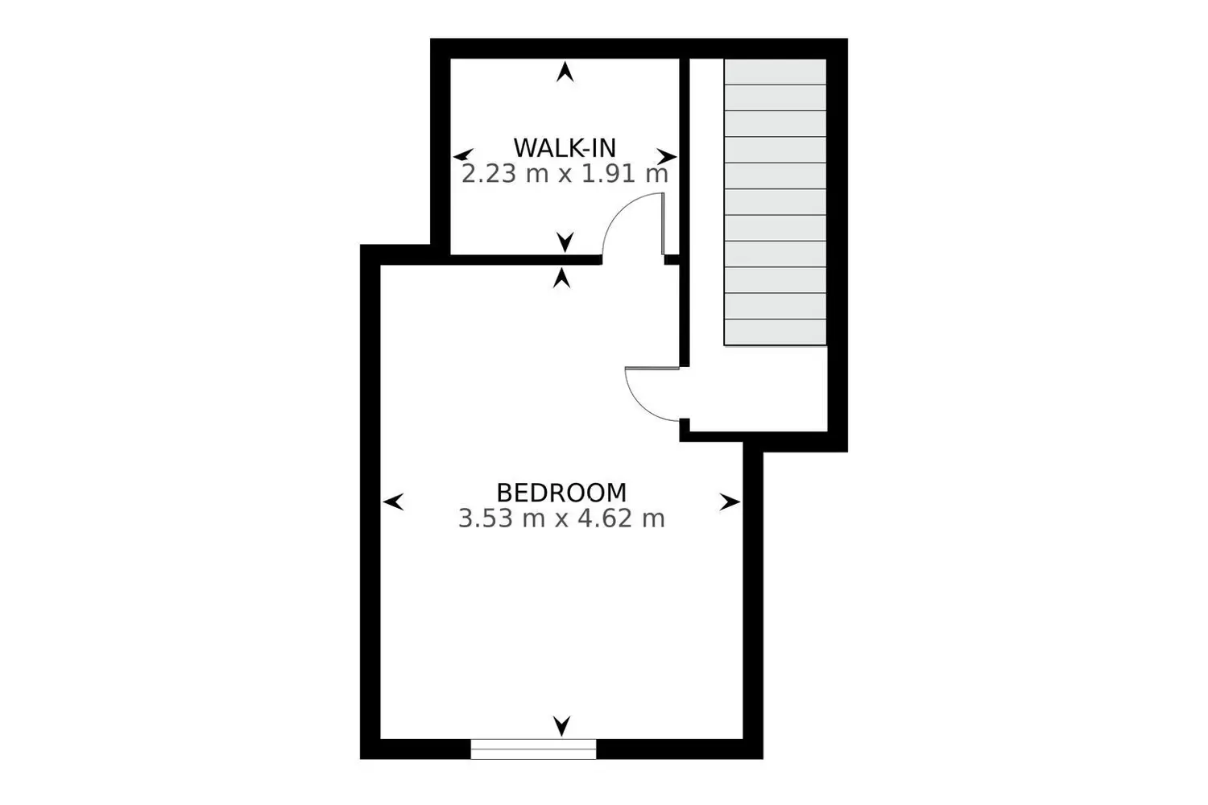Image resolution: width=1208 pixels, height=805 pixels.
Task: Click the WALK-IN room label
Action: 565,148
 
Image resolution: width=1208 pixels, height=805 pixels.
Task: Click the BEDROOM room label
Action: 561,492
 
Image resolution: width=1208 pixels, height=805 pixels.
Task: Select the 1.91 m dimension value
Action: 625,174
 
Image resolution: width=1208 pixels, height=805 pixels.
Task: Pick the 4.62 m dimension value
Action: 621,518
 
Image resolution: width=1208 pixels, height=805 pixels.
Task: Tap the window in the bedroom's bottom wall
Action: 533,749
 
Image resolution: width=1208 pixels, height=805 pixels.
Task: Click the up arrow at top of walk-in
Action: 565,72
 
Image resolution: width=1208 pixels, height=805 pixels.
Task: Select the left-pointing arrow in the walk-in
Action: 463,155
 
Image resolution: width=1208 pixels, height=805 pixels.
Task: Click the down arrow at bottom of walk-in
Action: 565,241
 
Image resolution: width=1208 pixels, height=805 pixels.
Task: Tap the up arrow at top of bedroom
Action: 563,279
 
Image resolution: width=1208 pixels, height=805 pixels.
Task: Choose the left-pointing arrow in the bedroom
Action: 393,502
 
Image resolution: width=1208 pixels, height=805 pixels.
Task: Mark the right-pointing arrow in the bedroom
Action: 730,502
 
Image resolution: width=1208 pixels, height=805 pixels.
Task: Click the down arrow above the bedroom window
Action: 562,725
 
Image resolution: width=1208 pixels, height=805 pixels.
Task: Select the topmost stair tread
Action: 775,72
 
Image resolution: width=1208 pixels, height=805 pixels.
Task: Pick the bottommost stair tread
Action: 775,332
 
